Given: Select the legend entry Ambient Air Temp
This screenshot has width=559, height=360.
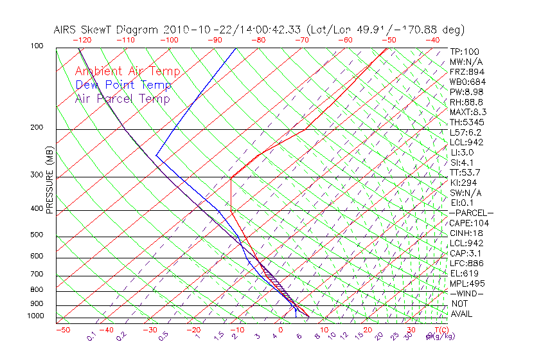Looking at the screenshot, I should point(127,71).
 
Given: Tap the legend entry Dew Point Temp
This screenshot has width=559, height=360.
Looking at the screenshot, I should point(123,85).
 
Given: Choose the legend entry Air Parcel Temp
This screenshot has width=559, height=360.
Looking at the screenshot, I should point(122,98).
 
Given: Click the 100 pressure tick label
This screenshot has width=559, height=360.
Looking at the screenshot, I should point(37,46).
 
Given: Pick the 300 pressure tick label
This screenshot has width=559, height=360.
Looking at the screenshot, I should point(37,175).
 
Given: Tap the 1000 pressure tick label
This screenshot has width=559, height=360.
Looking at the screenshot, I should point(35,316).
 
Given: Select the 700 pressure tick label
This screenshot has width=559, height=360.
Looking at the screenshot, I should point(37,274).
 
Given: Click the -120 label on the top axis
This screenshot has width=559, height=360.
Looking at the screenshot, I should point(83,40).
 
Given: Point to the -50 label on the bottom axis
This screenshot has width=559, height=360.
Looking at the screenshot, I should point(62,330).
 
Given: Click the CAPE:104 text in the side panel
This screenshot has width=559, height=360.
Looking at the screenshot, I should point(466,222).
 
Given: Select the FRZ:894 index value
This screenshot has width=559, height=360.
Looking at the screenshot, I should point(465,71).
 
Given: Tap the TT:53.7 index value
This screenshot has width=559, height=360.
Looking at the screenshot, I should point(465,172).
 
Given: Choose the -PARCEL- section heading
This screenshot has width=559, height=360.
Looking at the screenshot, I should point(471,213).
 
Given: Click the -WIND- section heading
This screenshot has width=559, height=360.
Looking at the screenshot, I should point(466,293).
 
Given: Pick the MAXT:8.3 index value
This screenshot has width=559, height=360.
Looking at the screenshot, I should point(466,112).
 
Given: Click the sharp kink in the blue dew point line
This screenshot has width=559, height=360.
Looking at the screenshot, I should point(156,155).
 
